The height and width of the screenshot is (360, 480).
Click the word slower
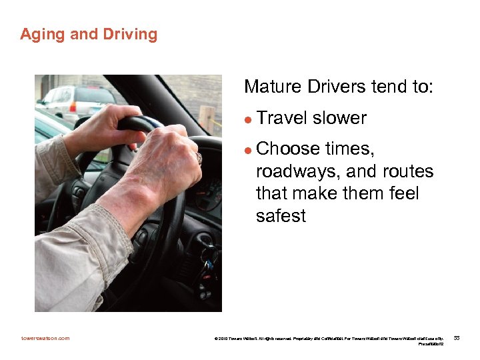coord(339,119)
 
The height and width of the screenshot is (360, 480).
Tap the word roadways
coord(298,172)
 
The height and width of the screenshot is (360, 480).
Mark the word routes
coord(408,172)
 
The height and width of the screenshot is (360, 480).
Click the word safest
coord(281,216)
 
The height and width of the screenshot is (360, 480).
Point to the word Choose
coord(287,148)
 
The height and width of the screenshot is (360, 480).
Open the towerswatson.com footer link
coord(45,338)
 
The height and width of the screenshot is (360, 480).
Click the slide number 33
coord(457,338)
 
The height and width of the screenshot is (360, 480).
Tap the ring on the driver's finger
coord(198,158)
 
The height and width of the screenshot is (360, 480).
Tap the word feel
coord(399,194)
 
